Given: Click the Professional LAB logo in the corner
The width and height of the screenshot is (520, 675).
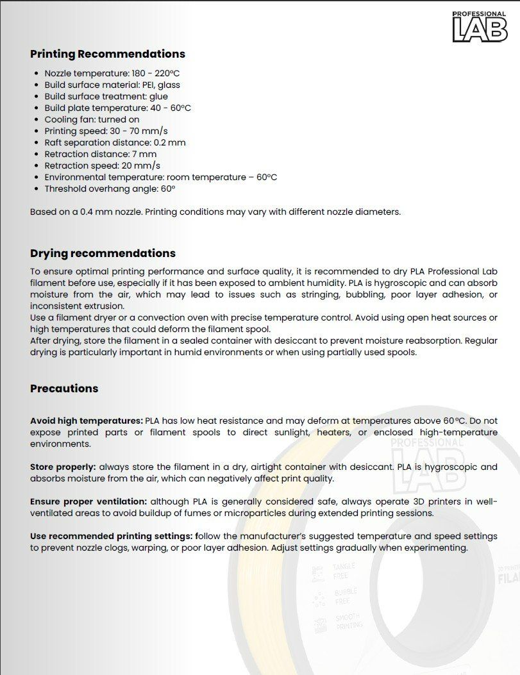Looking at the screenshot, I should (480, 27).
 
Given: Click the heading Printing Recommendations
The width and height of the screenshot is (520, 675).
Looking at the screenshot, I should (108, 54).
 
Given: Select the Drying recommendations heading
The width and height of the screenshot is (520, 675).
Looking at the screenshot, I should (103, 253).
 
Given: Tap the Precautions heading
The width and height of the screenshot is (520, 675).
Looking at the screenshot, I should (64, 388).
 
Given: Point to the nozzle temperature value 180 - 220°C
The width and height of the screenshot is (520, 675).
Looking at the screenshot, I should (156, 73).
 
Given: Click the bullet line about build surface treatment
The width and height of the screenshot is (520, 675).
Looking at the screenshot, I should (106, 96).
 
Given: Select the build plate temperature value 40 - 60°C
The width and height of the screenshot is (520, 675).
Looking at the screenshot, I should (171, 108).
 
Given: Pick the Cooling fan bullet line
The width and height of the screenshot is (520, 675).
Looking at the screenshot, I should (92, 119).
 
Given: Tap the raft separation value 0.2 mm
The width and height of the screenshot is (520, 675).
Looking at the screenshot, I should (169, 142).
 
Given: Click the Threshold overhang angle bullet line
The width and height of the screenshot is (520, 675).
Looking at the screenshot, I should (110, 188).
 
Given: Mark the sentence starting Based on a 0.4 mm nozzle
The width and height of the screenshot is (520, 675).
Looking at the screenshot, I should (215, 212).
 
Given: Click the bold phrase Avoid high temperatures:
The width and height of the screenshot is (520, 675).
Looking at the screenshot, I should (87, 421).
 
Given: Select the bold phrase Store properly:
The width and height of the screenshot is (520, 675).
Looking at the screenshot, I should (63, 467).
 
